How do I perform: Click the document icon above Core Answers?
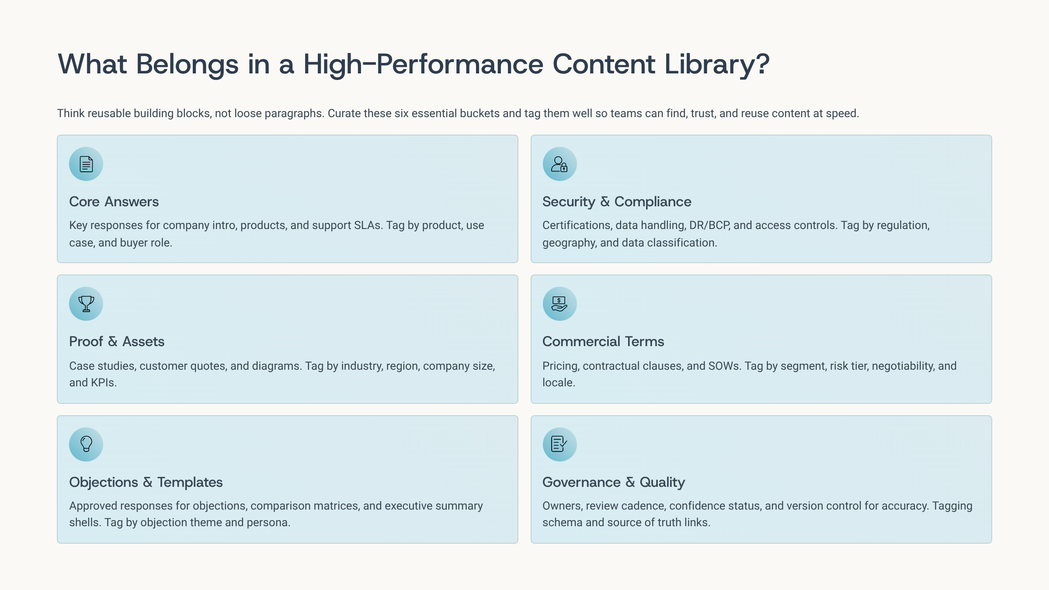pyautogui.click(x=86, y=164)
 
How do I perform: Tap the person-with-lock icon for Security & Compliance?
pyautogui.click(x=559, y=164)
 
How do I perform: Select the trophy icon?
pyautogui.click(x=86, y=304)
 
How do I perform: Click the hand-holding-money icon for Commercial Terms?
pyautogui.click(x=559, y=304)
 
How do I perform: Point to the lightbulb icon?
pyautogui.click(x=86, y=444)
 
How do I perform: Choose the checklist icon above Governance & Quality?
pyautogui.click(x=559, y=444)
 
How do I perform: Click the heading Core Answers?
pyautogui.click(x=114, y=201)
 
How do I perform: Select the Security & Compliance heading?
pyautogui.click(x=617, y=201)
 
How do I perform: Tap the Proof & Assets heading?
pyautogui.click(x=117, y=341)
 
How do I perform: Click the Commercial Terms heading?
pyautogui.click(x=603, y=341)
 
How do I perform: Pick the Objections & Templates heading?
pyautogui.click(x=146, y=482)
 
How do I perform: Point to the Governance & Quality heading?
pyautogui.click(x=614, y=482)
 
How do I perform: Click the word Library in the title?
pyautogui.click(x=717, y=65)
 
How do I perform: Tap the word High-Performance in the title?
pyautogui.click(x=424, y=65)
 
